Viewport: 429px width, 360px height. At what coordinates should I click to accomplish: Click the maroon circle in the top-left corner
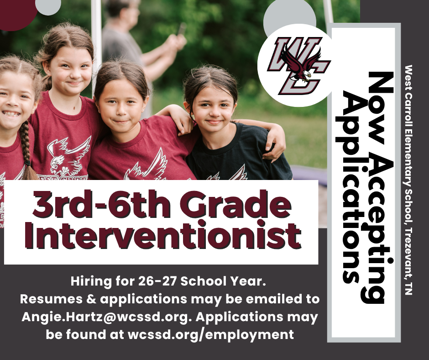16,11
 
